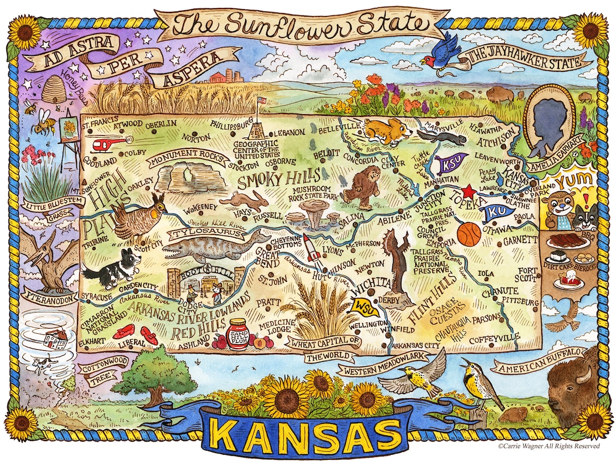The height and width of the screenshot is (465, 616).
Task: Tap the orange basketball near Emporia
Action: [469, 234]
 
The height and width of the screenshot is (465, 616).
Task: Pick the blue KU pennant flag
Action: [496, 212]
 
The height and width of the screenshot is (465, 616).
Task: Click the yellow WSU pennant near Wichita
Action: [362, 306]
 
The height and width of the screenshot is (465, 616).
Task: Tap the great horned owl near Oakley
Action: [139, 215]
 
